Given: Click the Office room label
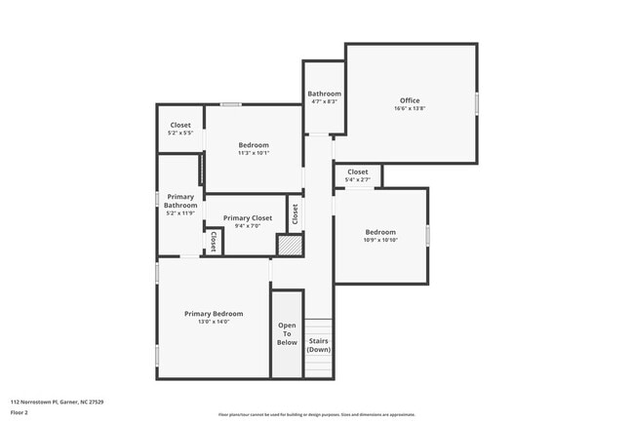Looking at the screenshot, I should point(410,100).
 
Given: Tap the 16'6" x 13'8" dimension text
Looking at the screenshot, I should point(410,108).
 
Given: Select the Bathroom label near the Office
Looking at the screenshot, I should point(325,94).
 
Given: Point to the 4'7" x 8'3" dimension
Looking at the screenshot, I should point(325,101).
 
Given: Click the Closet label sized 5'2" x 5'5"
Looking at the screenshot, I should point(180,125).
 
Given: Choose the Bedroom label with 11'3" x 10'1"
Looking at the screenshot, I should point(254,145).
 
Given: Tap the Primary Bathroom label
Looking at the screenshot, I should point(180,201).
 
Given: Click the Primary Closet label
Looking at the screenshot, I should point(248,218).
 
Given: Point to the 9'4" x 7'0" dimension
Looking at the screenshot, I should point(248,226).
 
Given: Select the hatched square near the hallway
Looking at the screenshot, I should point(291,246).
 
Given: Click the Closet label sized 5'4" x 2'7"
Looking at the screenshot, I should point(358,172).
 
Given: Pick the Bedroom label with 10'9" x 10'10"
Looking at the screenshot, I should point(380,232).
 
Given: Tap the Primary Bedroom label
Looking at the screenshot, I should point(214,314).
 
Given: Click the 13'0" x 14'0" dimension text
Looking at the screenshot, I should point(214,322).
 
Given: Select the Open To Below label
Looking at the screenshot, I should point(287,334).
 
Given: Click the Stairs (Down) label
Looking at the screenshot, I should point(319,345).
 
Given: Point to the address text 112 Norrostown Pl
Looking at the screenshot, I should point(58,402).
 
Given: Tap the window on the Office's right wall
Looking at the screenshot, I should point(477,102).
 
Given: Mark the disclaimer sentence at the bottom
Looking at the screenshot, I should point(317,414).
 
